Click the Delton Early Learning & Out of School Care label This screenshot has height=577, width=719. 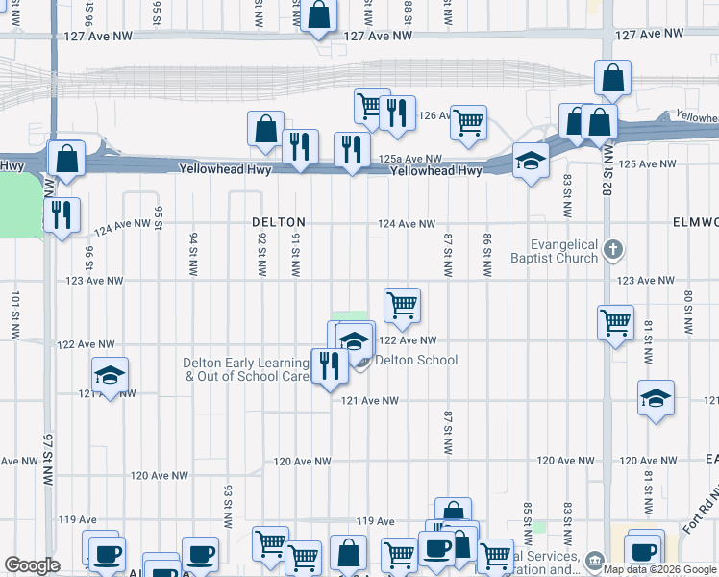pos(247,369)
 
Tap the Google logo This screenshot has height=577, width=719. pos(32,565)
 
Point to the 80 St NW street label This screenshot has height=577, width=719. pos(688,312)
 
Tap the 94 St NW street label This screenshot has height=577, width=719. pos(193,252)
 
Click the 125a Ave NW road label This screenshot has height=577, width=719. pos(409,159)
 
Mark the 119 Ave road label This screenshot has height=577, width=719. pos(376,521)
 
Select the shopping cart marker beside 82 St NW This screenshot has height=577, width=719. pos(615,323)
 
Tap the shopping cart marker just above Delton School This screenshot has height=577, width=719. pos(402,305)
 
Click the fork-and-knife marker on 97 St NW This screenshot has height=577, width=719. pos(62,215)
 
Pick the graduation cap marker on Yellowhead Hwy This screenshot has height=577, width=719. pos(530,161)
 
